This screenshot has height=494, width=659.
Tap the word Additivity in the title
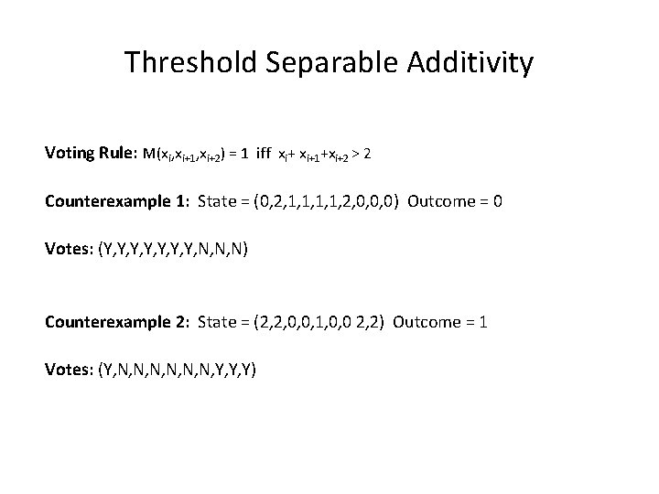click(470, 63)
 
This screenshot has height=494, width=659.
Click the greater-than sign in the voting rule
click(353, 153)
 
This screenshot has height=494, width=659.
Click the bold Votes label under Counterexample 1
click(66, 249)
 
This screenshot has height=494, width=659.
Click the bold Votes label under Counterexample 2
click(66, 370)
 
